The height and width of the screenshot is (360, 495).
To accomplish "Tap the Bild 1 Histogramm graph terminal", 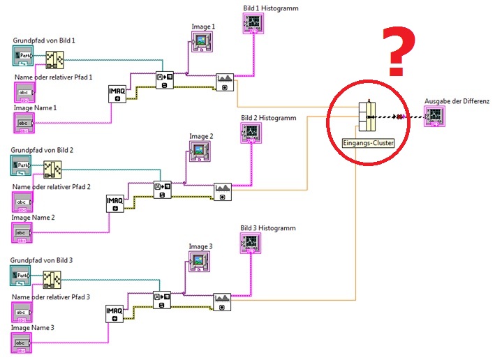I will click(x=253, y=23).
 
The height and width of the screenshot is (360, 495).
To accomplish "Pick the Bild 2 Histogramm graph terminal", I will click(x=251, y=133).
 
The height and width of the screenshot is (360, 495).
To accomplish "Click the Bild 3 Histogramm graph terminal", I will click(x=251, y=243).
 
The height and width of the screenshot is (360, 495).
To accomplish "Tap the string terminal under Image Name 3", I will click(x=22, y=343).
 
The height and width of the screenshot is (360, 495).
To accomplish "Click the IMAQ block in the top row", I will click(x=117, y=93).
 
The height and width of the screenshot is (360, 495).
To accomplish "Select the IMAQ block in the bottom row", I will click(x=114, y=313).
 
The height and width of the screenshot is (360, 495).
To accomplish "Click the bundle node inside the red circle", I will click(x=367, y=117).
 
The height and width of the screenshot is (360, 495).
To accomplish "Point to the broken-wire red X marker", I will click(x=400, y=117).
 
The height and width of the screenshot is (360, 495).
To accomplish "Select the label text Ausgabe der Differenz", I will click(x=457, y=100).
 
